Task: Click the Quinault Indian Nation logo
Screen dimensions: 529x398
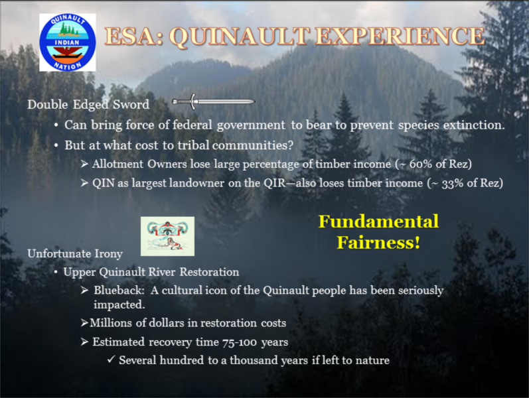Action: click(x=68, y=42)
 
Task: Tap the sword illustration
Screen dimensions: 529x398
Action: click(x=214, y=101)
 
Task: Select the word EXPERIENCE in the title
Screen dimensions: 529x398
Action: click(x=400, y=36)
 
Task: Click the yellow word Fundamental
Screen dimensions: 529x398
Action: click(x=378, y=222)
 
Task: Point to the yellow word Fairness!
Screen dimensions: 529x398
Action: click(x=378, y=242)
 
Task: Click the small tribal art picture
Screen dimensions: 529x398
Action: click(x=167, y=236)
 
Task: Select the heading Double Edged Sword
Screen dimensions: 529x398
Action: click(x=88, y=104)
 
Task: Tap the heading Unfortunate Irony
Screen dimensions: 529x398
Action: click(x=75, y=253)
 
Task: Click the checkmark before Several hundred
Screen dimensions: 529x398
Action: click(x=111, y=360)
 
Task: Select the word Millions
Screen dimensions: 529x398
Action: click(x=111, y=323)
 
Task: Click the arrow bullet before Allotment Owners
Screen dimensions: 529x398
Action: click(x=84, y=164)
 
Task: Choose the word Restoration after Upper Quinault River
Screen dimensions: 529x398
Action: click(x=209, y=272)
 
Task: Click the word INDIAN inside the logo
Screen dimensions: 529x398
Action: click(x=67, y=42)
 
